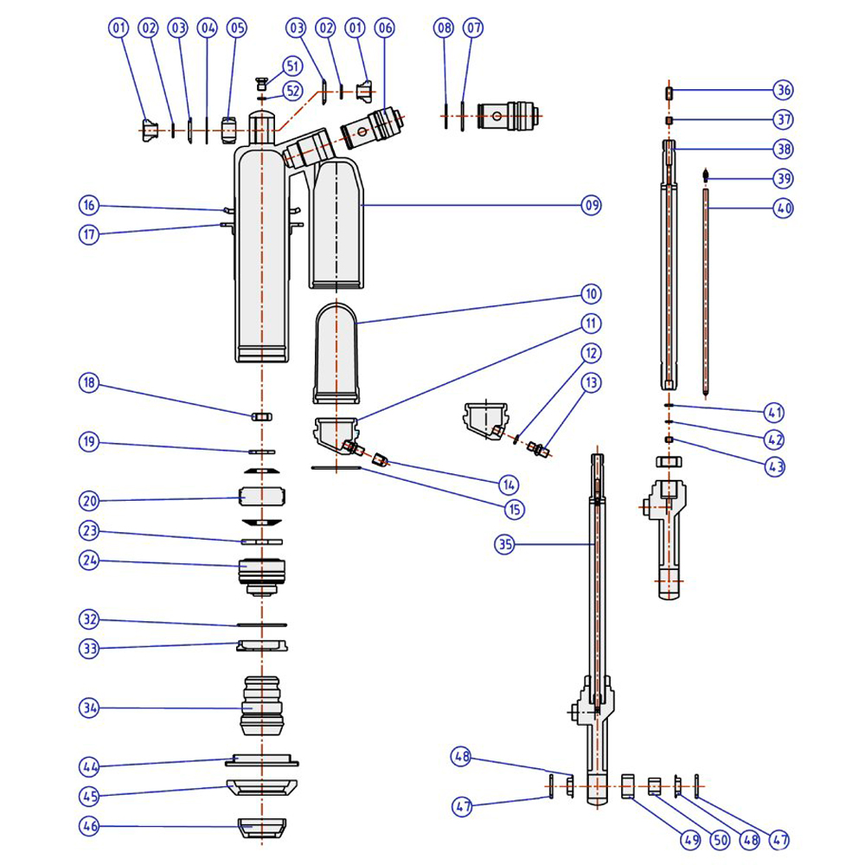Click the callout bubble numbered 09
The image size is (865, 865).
(x=592, y=205)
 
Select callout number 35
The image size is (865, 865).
(x=505, y=544)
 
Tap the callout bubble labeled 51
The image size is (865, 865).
(x=292, y=66)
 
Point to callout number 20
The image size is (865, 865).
(x=91, y=501)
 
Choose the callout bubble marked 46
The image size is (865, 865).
(x=91, y=825)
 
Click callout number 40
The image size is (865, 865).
(x=784, y=208)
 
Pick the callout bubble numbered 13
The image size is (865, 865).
(x=592, y=381)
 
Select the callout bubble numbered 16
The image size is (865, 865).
(x=91, y=205)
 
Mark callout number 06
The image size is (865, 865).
(x=385, y=29)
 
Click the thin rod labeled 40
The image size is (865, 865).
(x=707, y=294)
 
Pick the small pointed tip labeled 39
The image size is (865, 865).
(x=707, y=175)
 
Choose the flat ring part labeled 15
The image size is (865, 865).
(x=335, y=468)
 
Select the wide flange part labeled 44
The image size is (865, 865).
(x=261, y=760)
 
